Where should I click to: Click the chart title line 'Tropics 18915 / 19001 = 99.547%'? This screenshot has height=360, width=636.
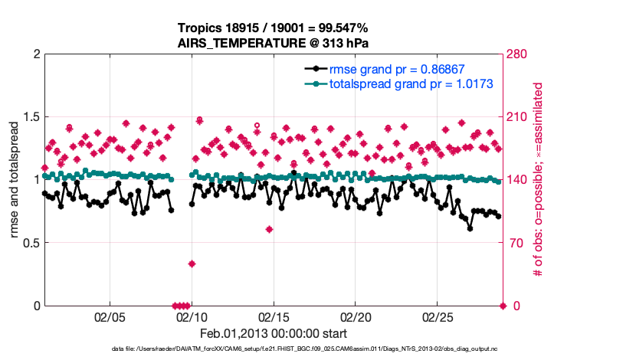(274, 28)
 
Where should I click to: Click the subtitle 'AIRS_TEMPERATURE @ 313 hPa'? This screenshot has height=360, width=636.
(274, 43)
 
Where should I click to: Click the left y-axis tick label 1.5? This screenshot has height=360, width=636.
(28, 117)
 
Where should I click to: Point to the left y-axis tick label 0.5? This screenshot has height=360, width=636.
(28, 243)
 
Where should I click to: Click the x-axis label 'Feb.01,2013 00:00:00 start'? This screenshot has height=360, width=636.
(274, 334)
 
